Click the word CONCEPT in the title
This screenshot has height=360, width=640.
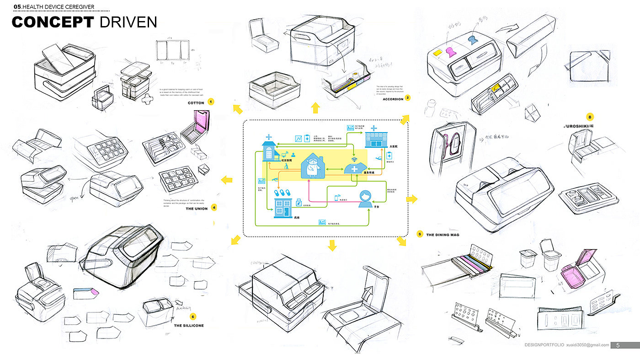click(53, 22)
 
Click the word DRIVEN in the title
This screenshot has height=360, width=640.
click(128, 22)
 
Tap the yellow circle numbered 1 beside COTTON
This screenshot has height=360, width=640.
click(211, 102)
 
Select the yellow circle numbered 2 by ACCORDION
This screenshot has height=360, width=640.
click(407, 97)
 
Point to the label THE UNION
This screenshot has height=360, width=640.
click(197, 209)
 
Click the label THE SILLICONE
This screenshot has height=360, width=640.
click(189, 326)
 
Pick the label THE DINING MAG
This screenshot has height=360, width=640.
click(443, 235)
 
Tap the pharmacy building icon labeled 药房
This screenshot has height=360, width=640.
click(283, 208)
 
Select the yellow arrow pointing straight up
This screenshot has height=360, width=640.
click(315, 108)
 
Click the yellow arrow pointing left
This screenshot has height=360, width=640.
click(225, 179)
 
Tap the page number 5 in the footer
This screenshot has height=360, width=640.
click(618, 345)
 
